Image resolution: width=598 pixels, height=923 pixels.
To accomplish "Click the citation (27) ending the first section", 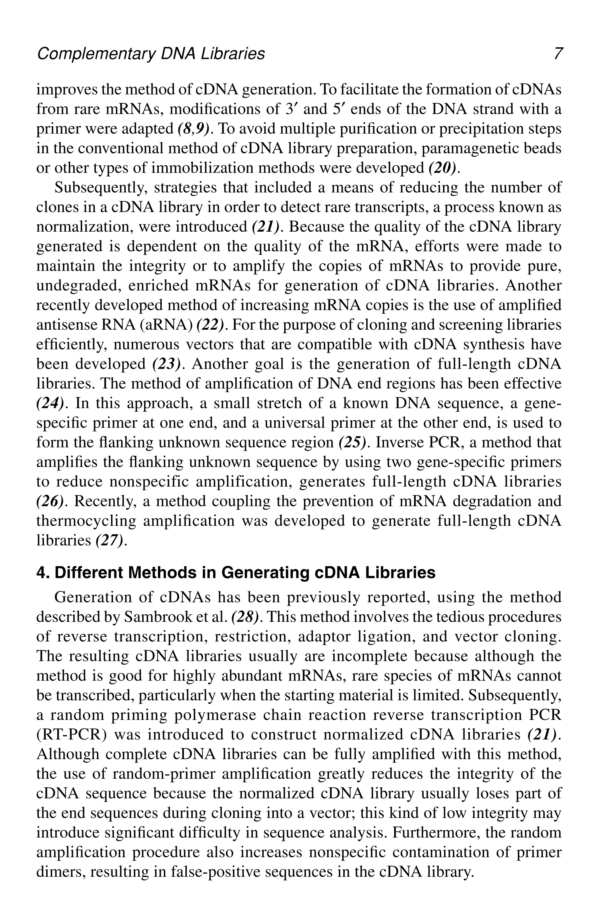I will click(x=110, y=540).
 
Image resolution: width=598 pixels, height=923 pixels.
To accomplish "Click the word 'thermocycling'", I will click(x=86, y=520).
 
